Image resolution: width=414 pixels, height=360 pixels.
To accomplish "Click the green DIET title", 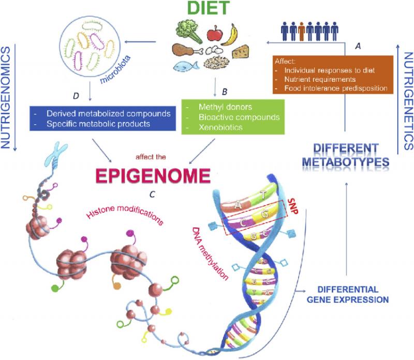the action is [209, 8].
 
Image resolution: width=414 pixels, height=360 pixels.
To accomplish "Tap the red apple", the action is [215, 34].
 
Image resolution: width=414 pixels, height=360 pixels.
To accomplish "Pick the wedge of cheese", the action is [241, 52].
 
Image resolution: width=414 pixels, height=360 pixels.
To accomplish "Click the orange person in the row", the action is [302, 31].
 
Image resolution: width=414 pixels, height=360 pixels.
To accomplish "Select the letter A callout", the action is [358, 46].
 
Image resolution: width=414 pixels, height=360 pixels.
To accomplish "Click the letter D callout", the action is [76, 96].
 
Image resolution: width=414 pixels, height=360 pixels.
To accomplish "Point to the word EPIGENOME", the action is [153, 176].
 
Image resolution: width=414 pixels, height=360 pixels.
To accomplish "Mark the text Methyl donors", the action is [225, 107].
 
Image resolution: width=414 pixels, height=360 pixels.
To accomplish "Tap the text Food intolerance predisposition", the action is [335, 88].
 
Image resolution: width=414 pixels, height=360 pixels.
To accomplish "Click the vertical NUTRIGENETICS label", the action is [408, 101].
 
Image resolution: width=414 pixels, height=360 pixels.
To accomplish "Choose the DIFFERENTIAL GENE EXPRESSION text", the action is [348, 294].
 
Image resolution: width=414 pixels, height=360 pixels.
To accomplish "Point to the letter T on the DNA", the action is [263, 195].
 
